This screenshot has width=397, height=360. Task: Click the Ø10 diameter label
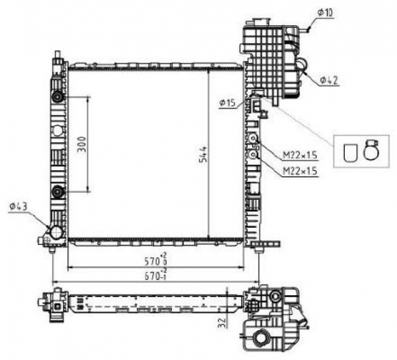(325, 13)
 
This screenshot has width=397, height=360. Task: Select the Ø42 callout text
(329, 81)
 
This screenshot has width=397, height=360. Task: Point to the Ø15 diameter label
(228, 103)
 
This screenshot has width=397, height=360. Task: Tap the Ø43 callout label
(18, 207)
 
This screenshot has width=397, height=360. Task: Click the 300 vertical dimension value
(82, 144)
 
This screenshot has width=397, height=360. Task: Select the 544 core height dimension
(202, 154)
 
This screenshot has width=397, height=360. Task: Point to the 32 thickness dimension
(221, 323)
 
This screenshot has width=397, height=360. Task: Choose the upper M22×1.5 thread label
(300, 155)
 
